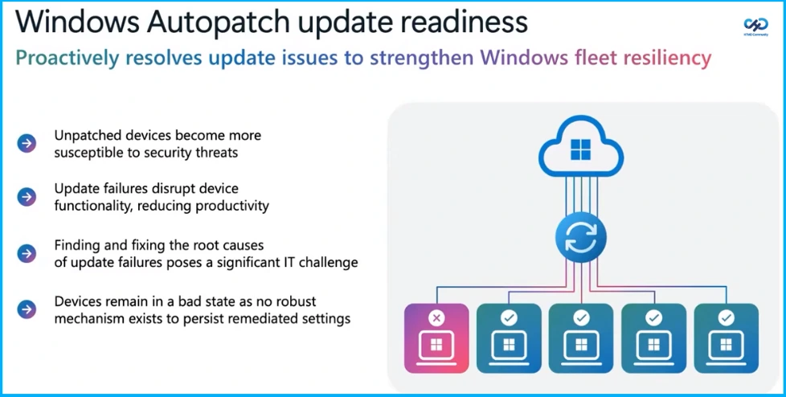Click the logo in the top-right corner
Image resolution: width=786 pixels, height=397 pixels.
(x=755, y=27)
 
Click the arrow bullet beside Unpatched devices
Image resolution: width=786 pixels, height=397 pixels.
(x=27, y=144)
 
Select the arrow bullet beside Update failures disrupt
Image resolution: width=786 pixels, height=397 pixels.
(x=27, y=197)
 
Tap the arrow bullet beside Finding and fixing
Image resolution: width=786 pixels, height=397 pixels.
(x=27, y=253)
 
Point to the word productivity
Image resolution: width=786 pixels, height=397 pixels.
(x=231, y=206)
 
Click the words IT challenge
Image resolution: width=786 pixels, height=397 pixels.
(x=325, y=262)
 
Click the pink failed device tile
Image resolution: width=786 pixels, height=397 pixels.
(x=436, y=338)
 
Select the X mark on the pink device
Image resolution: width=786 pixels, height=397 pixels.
(x=436, y=318)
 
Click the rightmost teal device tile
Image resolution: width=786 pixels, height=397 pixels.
(x=726, y=338)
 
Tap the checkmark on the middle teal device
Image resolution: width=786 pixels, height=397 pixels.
(x=581, y=318)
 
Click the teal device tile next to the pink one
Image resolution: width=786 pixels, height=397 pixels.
(x=509, y=338)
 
